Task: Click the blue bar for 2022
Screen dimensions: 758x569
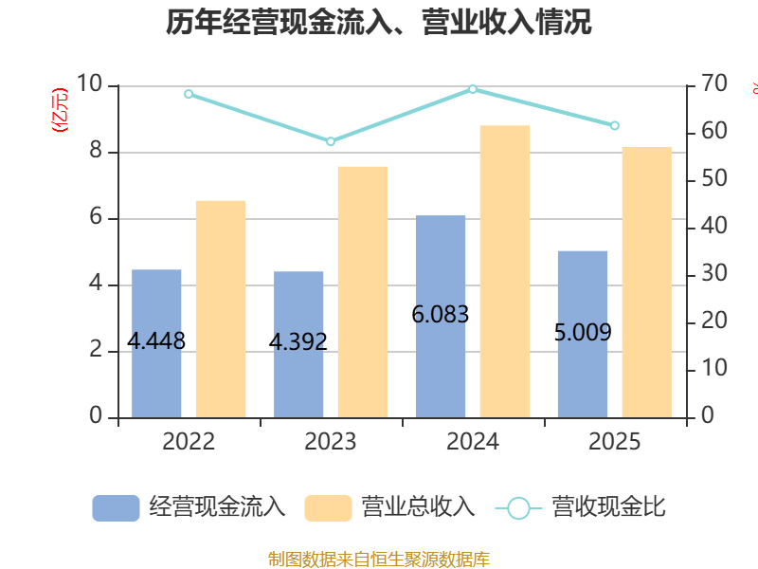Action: pos(156,343)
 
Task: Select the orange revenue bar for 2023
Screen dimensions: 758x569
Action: pos(363,292)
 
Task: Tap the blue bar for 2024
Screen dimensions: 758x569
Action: pos(441,317)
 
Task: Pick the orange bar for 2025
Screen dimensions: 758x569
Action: pos(647,282)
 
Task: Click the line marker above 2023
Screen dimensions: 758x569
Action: pos(331,141)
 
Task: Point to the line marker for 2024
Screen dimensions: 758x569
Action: pos(473,89)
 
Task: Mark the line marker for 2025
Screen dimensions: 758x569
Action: pos(615,126)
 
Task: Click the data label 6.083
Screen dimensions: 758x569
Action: pos(441,315)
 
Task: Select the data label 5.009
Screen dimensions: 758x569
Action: pos(583,333)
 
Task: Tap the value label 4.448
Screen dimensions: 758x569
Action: pos(156,341)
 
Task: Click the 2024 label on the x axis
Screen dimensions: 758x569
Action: pos(473,442)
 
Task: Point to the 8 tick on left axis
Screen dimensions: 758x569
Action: pos(96,151)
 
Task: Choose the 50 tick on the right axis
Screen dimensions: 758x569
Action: pos(714,178)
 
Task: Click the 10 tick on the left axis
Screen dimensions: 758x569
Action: pos(89,83)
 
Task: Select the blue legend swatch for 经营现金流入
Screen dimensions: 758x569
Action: pos(116,508)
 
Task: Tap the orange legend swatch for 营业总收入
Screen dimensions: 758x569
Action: pos(328,508)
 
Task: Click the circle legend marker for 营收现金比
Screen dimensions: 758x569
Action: pos(518,508)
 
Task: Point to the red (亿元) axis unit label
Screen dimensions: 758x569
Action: pos(60,110)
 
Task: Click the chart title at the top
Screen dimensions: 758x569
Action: pos(378,22)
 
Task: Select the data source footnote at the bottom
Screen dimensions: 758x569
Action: pos(379,559)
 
